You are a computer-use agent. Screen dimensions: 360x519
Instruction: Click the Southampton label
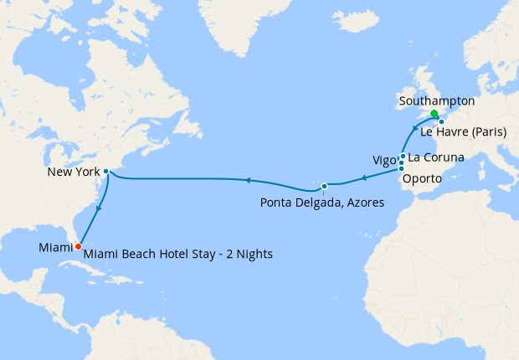coord(437,101)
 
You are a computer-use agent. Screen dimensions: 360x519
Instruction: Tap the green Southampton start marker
coord(434,114)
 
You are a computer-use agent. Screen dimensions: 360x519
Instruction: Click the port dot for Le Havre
coord(441,122)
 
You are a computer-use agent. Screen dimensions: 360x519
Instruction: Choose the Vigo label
coord(383,161)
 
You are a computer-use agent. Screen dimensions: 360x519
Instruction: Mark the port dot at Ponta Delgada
coord(324,185)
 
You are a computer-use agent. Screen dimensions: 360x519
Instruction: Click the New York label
coord(74,172)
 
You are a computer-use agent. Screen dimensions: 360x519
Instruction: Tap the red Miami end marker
coord(77,246)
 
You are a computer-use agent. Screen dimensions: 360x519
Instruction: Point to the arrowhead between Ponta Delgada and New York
coord(248,179)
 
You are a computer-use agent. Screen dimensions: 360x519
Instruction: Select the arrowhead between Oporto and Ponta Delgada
coord(362,177)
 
